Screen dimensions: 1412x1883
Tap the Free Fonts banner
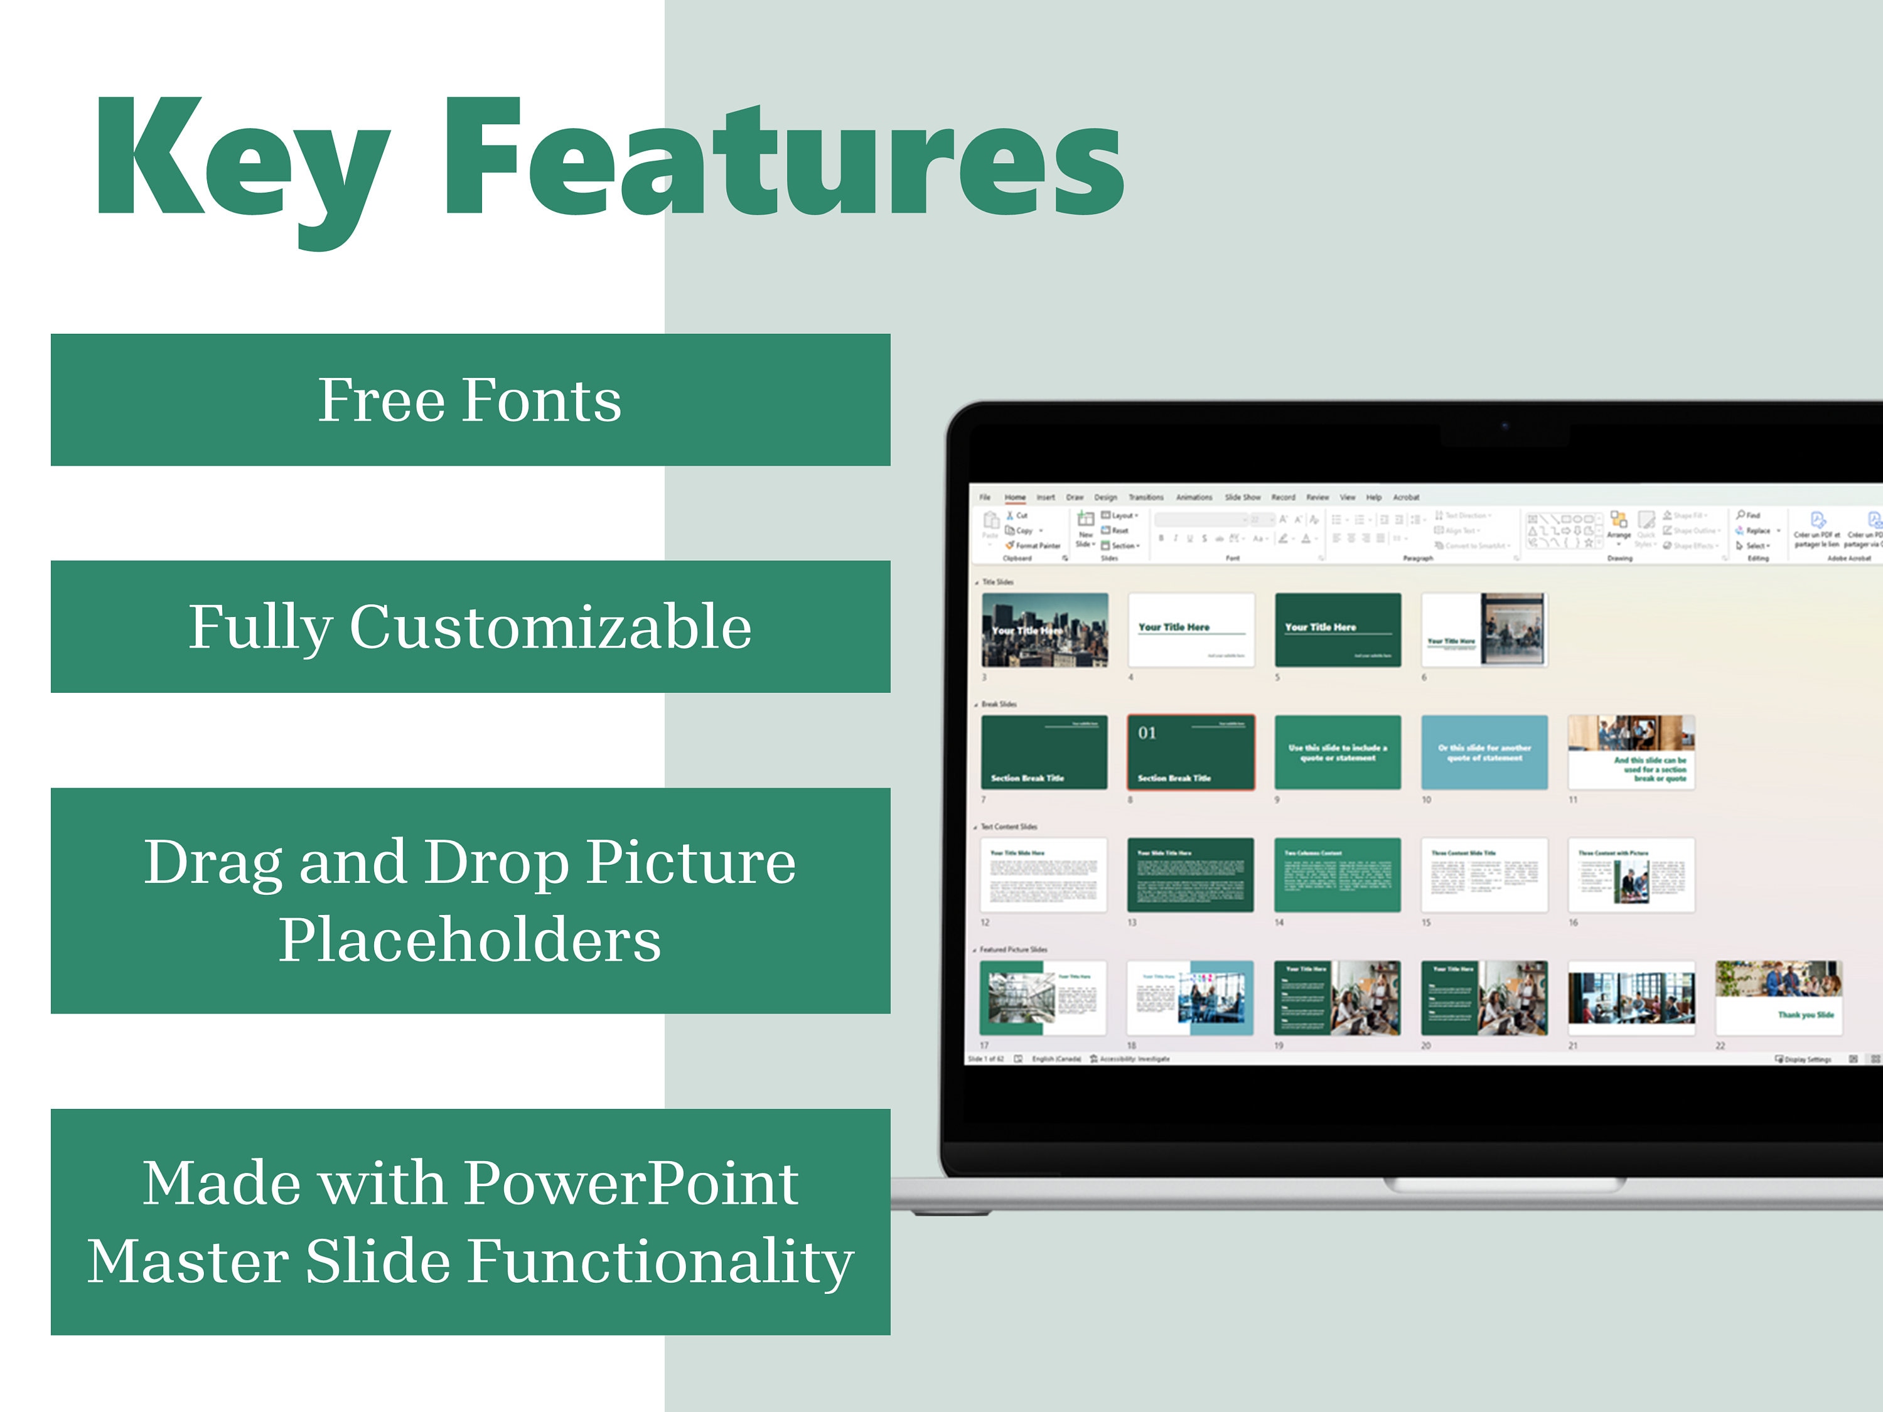(470, 400)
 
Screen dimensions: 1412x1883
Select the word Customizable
(550, 628)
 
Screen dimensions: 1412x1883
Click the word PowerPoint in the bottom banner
(631, 1183)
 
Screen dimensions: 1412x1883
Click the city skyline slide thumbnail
(1044, 630)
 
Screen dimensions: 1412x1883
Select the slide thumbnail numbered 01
(1191, 752)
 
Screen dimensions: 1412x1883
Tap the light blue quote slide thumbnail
(1484, 752)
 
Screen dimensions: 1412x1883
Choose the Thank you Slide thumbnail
(1778, 998)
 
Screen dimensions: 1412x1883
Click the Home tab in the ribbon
(1015, 497)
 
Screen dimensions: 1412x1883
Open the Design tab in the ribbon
(1105, 497)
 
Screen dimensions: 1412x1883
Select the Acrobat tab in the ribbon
(1405, 497)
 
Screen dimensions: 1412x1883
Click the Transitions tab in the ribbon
(1145, 497)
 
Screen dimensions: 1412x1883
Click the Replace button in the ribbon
(1757, 530)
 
